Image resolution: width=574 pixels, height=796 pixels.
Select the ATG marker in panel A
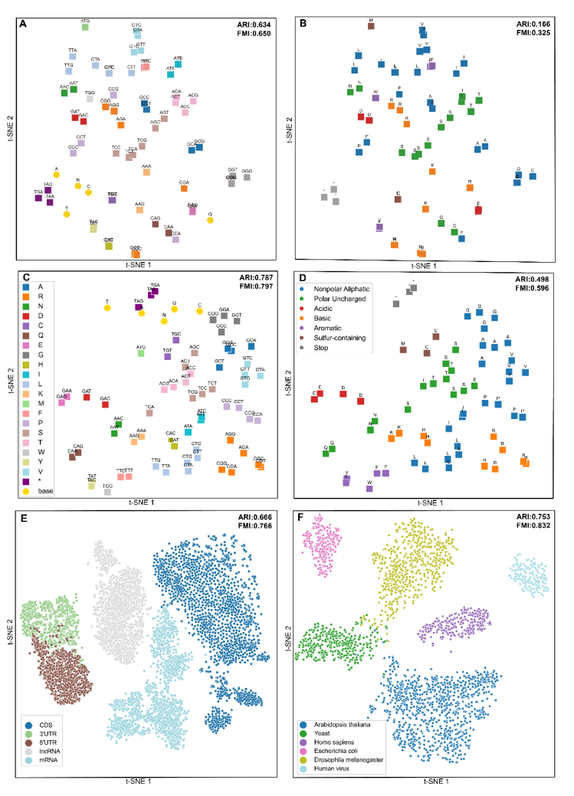[x=85, y=27]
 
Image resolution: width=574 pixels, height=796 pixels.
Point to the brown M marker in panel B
[x=371, y=25]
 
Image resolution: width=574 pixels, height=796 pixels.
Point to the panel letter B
[x=303, y=24]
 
